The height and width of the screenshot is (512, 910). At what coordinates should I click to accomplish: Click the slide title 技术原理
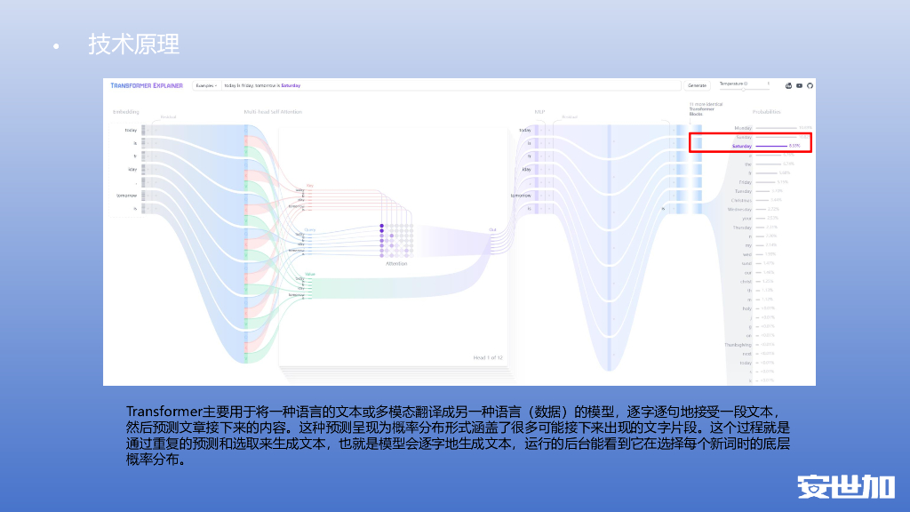133,44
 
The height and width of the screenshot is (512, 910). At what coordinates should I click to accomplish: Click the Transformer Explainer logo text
147,85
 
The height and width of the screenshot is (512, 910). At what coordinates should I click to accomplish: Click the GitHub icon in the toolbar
810,85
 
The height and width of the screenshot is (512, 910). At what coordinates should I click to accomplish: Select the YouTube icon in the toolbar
800,85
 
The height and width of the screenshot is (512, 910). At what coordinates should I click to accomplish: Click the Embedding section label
126,111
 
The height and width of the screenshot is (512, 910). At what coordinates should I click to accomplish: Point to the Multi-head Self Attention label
273,111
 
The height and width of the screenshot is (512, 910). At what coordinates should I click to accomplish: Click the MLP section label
539,111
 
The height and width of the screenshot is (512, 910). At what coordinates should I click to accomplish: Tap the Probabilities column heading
766,111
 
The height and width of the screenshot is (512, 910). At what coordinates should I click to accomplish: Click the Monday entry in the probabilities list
743,128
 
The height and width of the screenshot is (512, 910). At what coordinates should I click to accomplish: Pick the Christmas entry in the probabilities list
741,200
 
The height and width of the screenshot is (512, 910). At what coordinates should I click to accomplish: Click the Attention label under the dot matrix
396,263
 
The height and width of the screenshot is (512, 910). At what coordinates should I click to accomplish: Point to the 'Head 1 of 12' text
488,357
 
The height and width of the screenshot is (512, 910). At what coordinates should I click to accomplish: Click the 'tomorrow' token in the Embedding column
125,195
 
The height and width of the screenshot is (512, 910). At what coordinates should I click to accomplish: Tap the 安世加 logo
844,486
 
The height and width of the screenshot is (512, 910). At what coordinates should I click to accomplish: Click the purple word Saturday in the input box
291,85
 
